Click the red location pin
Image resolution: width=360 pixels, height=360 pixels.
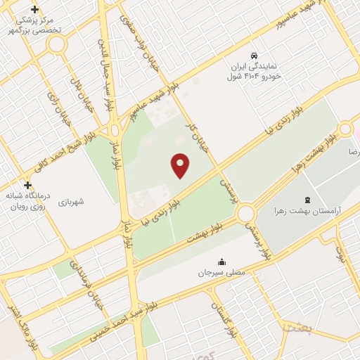click(181, 165)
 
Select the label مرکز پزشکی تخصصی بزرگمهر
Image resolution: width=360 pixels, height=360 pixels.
click(35, 26)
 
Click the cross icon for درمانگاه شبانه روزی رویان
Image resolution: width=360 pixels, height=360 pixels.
click(27, 186)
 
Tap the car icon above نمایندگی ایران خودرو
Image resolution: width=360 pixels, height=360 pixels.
click(254, 55)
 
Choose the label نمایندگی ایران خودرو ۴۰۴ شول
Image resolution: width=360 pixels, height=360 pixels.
click(253, 70)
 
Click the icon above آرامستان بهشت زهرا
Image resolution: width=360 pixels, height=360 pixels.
click(307, 181)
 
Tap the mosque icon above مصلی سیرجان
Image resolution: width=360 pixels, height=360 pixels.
click(222, 262)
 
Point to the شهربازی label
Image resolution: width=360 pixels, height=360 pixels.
click(72, 202)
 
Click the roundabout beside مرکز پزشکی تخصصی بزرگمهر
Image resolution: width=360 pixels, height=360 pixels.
click(56, 44)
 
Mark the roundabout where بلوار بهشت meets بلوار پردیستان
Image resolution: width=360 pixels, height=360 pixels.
click(246, 213)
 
